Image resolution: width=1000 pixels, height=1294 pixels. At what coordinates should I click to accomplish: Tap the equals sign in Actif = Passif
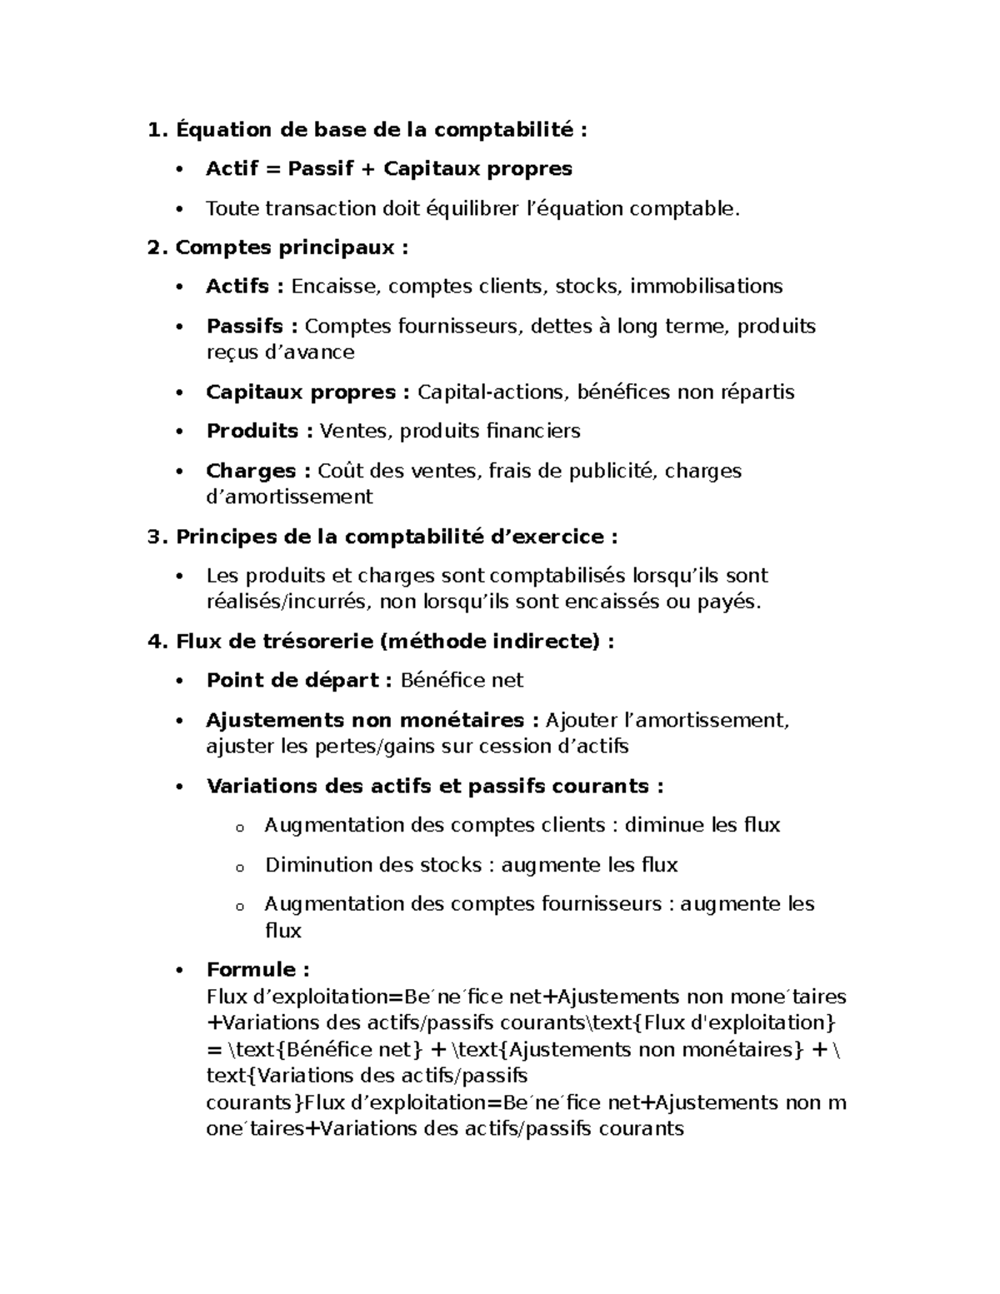(272, 169)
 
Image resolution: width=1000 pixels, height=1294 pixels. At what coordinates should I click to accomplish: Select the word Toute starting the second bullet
(232, 208)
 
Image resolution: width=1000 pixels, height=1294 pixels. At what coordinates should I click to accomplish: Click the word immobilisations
(706, 287)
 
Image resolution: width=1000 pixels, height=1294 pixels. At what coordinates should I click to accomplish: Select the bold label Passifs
(244, 326)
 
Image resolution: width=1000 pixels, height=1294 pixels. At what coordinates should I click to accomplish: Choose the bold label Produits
(252, 432)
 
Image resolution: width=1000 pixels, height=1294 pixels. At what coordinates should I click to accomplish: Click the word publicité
(612, 472)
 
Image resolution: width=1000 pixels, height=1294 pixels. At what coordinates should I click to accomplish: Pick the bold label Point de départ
(297, 681)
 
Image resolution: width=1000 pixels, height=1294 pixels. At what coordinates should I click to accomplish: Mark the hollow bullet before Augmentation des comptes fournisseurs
(239, 907)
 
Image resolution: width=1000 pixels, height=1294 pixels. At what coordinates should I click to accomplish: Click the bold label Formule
(257, 970)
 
